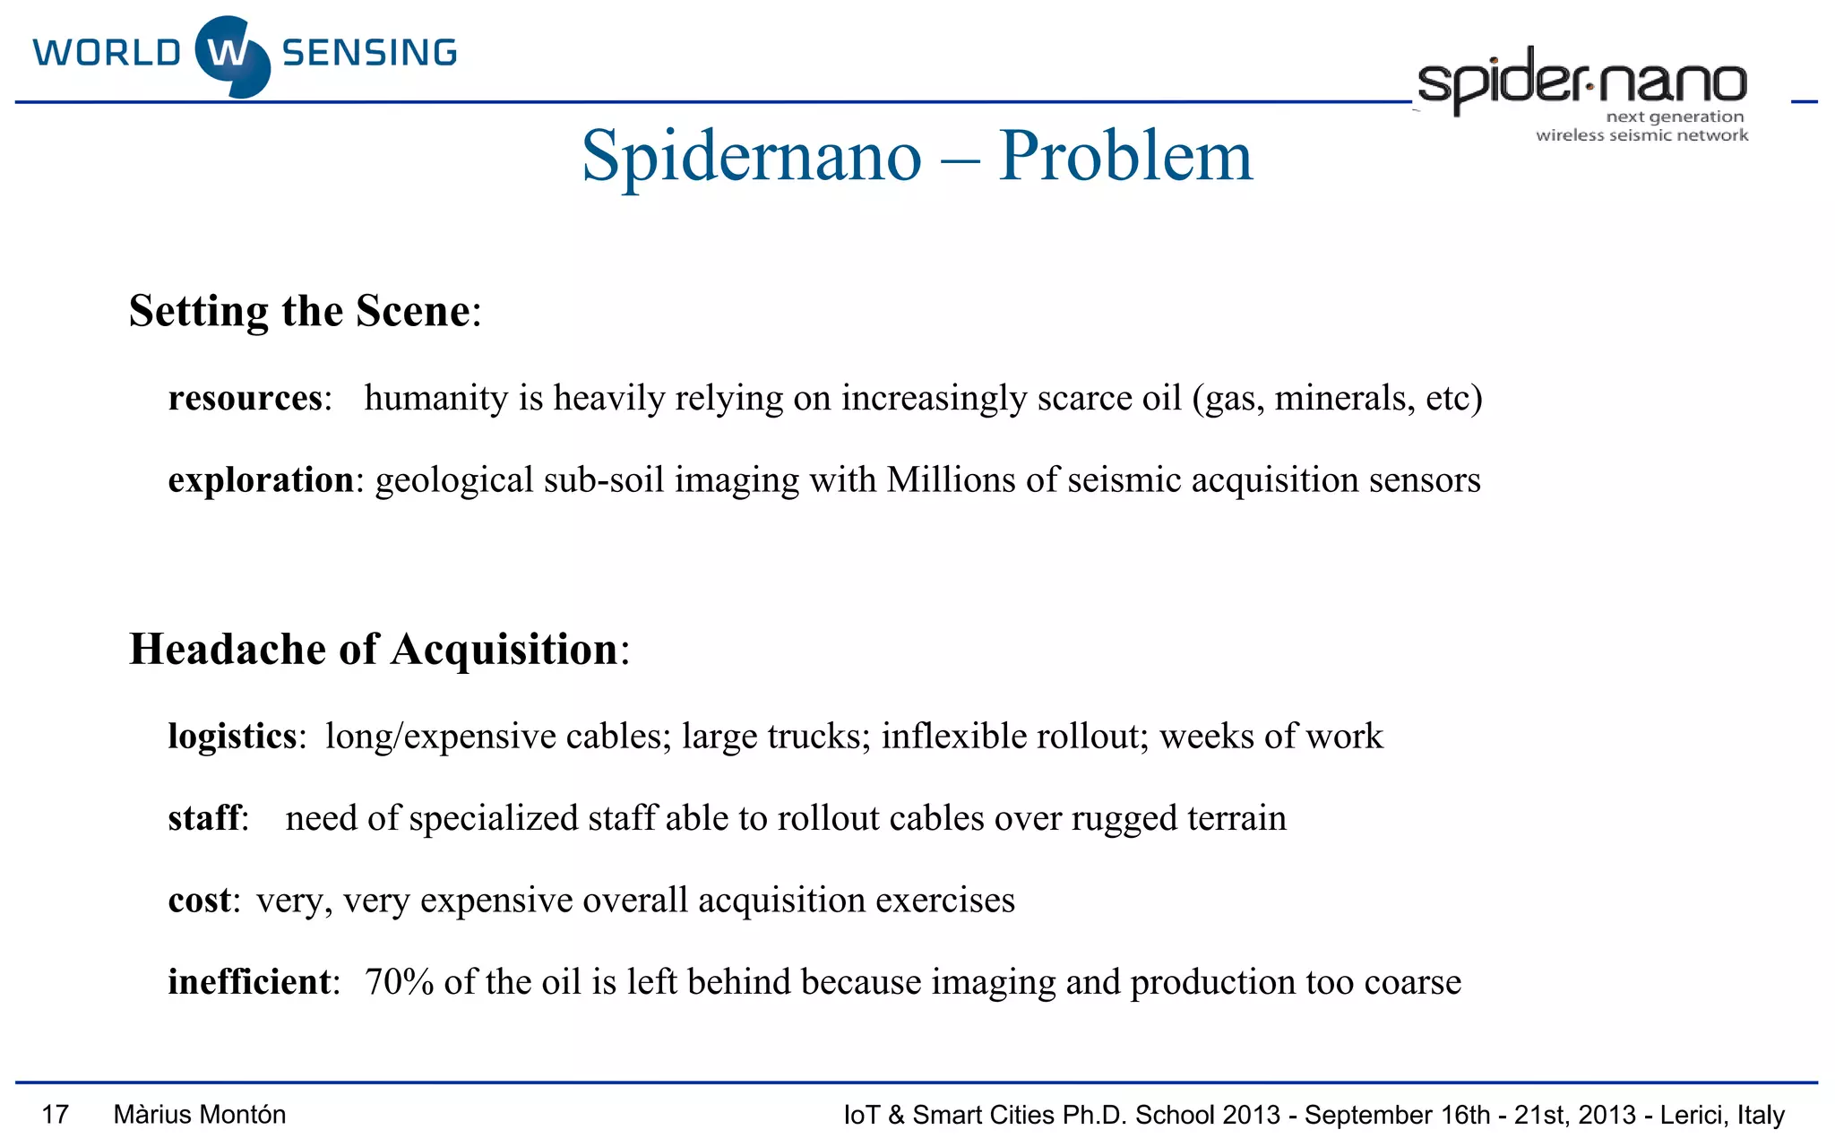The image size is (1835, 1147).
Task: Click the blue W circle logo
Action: tap(232, 56)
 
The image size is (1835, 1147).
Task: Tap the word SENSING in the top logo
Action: tap(369, 54)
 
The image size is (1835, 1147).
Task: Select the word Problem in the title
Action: tap(1125, 156)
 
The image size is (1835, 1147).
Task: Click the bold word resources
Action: tap(245, 398)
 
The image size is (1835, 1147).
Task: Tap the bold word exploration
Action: tap(261, 480)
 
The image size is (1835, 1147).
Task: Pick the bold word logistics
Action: tap(232, 737)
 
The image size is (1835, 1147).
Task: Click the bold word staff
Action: tap(204, 818)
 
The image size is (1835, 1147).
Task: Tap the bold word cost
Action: tap(200, 901)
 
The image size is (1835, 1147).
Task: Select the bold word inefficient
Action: tap(249, 982)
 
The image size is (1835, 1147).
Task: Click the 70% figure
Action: tap(399, 982)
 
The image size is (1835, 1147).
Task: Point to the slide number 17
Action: tap(56, 1115)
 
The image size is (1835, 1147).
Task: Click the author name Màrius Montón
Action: tap(200, 1115)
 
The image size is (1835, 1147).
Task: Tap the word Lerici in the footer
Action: tap(1692, 1115)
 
